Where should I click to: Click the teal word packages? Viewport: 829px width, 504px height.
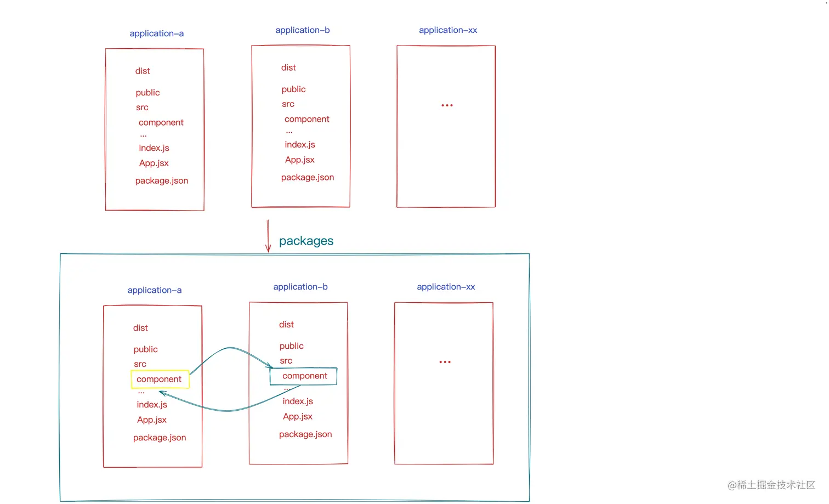click(x=306, y=241)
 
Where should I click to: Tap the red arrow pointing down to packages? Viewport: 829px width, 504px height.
click(x=268, y=236)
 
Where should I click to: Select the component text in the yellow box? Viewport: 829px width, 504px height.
click(x=159, y=379)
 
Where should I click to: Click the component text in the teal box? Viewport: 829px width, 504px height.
click(x=305, y=376)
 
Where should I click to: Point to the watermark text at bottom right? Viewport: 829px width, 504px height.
click(x=771, y=485)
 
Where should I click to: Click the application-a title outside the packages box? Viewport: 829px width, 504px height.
click(x=157, y=33)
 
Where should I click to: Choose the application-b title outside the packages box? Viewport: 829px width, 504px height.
click(x=303, y=30)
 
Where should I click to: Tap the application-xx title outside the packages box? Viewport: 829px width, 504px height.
click(x=448, y=30)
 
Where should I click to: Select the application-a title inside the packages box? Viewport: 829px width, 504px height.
click(x=155, y=290)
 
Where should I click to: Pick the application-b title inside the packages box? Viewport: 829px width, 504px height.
click(x=300, y=287)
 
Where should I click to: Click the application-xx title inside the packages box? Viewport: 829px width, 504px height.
click(x=446, y=287)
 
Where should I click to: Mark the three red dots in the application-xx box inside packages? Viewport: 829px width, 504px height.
click(x=445, y=362)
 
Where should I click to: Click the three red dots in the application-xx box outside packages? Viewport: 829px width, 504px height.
click(x=447, y=105)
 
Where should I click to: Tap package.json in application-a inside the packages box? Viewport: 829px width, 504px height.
click(x=160, y=438)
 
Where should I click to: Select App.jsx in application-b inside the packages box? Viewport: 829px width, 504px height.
click(x=298, y=416)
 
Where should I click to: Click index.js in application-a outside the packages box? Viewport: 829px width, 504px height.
click(x=154, y=148)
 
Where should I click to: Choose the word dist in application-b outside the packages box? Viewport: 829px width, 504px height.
click(x=288, y=67)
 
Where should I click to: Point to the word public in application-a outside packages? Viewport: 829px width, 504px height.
click(x=148, y=93)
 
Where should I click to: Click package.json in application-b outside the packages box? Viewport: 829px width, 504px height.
click(x=308, y=177)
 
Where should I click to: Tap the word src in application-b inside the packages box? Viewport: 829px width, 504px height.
click(x=286, y=361)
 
